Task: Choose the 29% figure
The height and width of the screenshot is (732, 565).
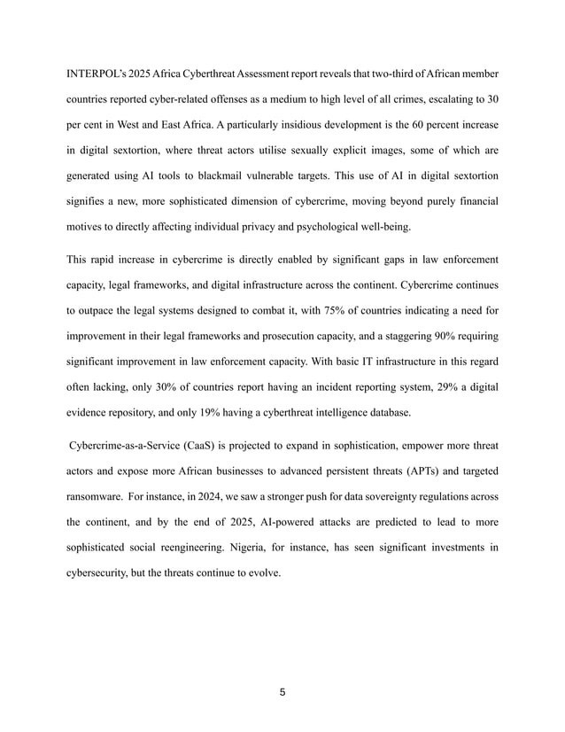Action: pyautogui.click(x=434, y=385)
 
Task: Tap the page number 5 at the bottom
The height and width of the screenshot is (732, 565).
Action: pyautogui.click(x=282, y=692)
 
